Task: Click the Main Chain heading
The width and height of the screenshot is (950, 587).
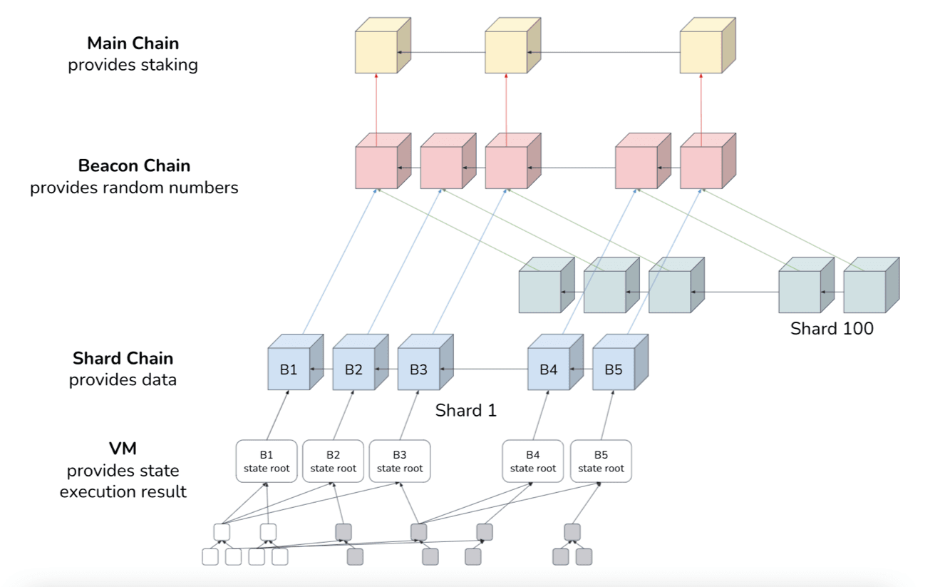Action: pos(133,44)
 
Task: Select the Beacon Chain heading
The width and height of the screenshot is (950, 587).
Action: pos(134,166)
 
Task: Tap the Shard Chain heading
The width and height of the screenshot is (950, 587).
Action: pos(123,358)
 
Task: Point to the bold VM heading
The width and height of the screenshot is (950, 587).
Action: pos(123,449)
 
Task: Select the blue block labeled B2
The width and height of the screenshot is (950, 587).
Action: pos(353,369)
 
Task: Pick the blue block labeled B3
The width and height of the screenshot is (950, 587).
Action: pos(418,369)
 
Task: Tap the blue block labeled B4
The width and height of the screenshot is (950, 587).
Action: pos(548,369)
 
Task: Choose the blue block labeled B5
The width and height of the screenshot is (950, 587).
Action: pos(613,369)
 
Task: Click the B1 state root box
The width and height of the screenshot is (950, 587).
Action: pos(267,461)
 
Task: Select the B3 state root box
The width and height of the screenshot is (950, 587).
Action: pos(399,461)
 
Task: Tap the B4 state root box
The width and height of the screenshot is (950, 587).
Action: pos(532,461)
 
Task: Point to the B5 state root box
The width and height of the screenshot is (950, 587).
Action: pos(601,461)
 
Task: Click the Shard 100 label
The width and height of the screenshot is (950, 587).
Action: pos(832,329)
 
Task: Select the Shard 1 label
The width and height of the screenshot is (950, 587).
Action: pos(465,411)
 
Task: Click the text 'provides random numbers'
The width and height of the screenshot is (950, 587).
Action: pos(134,188)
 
